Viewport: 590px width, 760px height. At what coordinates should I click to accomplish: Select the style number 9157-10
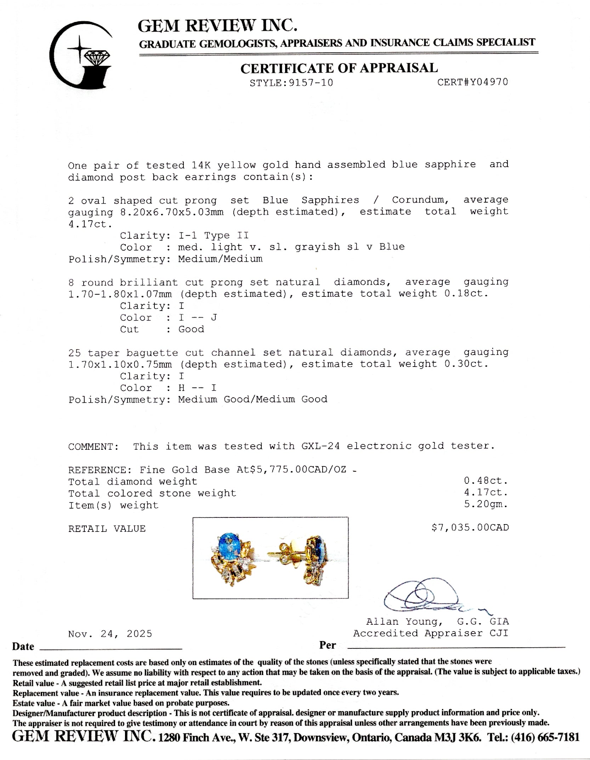pos(311,83)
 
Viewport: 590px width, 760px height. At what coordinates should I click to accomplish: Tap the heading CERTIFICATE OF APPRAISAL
pos(339,68)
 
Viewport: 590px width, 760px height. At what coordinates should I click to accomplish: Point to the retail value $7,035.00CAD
pos(470,528)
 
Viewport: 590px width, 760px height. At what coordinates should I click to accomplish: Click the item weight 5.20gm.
pos(486,505)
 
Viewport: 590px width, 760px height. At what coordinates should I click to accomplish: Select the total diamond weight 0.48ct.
pos(486,481)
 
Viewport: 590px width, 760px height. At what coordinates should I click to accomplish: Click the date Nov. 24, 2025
pos(110,634)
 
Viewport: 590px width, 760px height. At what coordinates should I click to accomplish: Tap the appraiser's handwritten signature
pos(425,599)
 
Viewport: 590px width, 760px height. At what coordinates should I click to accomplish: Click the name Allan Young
pos(404,622)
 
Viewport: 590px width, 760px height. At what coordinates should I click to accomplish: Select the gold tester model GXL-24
pos(321,446)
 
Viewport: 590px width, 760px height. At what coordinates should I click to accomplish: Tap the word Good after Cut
pos(191,329)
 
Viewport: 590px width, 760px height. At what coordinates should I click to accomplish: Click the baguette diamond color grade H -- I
pos(197,388)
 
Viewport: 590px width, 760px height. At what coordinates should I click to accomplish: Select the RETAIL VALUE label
pos(107,529)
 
